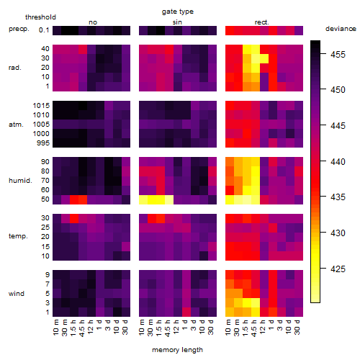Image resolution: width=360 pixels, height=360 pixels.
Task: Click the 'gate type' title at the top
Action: click(178, 12)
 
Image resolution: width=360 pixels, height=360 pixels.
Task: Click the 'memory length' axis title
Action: click(177, 350)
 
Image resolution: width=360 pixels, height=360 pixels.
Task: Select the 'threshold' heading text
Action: click(40, 17)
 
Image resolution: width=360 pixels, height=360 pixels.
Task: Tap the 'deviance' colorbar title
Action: click(341, 29)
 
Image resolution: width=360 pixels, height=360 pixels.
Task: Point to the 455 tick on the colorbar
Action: click(338, 55)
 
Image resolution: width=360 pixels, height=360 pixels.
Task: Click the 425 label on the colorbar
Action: click(338, 269)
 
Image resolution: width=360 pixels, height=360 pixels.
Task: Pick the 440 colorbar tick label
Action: click(338, 161)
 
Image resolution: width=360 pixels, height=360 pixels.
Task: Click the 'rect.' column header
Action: click(261, 22)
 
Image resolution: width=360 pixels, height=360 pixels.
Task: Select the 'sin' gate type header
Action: click(177, 22)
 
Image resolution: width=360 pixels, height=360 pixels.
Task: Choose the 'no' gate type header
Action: click(93, 22)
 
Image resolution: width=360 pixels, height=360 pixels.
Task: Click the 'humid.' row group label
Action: click(20, 181)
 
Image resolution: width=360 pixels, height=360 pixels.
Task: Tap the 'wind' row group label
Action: click(17, 294)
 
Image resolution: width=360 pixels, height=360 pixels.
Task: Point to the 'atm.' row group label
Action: click(16, 125)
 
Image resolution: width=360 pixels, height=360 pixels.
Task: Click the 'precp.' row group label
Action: click(19, 29)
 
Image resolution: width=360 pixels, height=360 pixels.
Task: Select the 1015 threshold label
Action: click(41, 106)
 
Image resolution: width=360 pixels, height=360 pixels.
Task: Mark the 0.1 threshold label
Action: click(44, 30)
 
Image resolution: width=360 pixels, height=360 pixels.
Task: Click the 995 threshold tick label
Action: click(43, 143)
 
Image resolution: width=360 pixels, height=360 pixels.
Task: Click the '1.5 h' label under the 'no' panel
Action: click(73, 328)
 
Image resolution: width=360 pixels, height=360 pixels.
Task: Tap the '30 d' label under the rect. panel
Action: click(297, 327)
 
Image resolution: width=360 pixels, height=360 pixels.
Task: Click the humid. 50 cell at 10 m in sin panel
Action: click(143, 199)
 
